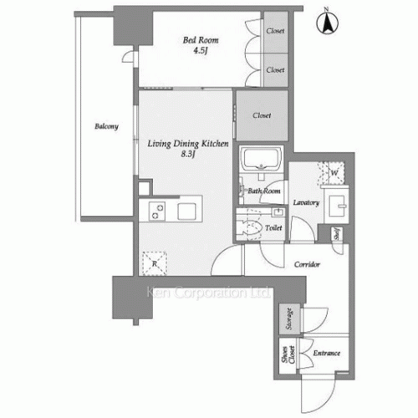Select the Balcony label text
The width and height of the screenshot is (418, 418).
pos(105,127)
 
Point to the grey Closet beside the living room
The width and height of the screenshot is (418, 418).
pos(262,115)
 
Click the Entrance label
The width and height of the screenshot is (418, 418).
pos(326,354)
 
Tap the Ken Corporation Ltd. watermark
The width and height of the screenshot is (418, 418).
pos(207,293)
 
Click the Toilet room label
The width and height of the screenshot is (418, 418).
pos(272,227)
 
